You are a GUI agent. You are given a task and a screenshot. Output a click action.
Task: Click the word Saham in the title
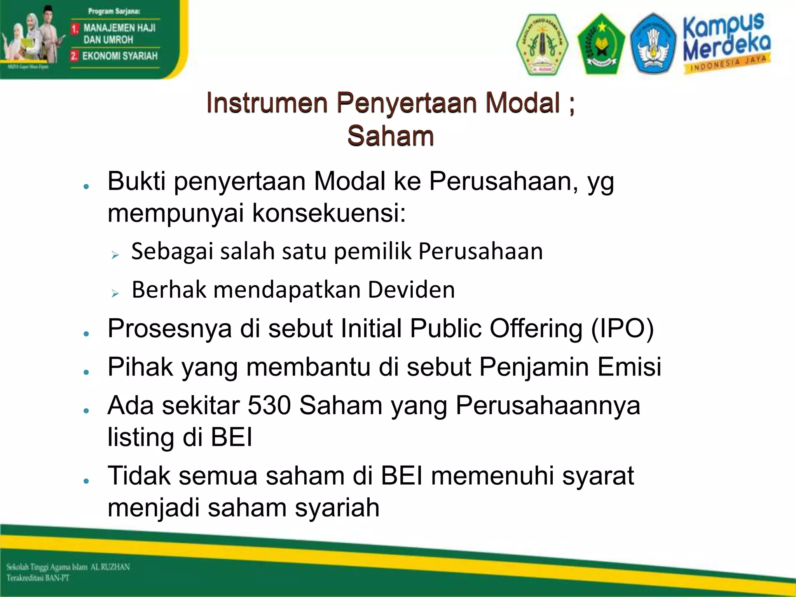coord(390,136)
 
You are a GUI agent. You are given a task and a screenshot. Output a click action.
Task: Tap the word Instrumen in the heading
coord(267,103)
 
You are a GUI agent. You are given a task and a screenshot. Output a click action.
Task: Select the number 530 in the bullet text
coord(269,405)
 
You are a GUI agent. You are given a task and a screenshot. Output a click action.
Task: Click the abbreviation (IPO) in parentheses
coord(622,329)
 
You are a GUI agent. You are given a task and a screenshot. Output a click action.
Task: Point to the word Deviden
coord(411,290)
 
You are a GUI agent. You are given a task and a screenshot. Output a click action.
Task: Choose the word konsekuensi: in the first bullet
coord(328,213)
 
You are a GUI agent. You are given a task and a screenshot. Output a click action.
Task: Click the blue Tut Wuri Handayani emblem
coord(653,44)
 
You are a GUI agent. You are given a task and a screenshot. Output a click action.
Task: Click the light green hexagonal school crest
coord(542,44)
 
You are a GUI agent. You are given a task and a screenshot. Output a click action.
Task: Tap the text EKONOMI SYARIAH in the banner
coord(120,56)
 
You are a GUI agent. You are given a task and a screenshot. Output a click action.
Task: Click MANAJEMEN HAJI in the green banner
coord(119,28)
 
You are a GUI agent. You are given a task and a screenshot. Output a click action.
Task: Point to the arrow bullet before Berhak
coord(115,293)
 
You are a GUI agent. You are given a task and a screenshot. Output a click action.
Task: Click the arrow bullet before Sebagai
coord(115,255)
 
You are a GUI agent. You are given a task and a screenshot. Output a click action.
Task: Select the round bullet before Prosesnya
coord(86,333)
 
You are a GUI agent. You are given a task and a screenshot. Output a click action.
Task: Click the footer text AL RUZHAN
coord(110,567)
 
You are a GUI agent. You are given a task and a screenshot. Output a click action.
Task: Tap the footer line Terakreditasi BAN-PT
coord(38,578)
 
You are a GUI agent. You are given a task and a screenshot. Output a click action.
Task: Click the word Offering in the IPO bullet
coord(536,329)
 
